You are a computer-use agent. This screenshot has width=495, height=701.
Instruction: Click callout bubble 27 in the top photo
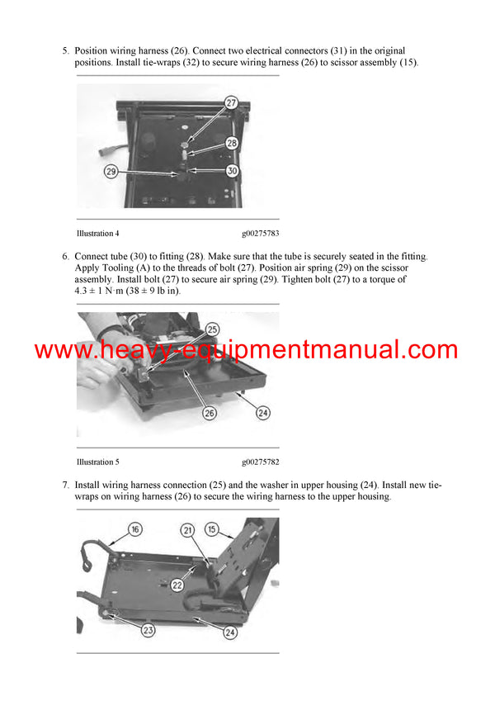(x=230, y=102)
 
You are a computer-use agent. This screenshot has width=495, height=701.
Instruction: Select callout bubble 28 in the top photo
(x=231, y=143)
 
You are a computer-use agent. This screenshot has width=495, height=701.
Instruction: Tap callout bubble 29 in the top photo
(x=111, y=171)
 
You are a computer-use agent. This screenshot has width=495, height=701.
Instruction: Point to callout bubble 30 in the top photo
(x=232, y=171)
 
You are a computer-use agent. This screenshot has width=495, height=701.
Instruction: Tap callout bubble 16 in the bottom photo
(x=134, y=528)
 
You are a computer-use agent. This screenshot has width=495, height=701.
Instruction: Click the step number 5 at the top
(x=65, y=51)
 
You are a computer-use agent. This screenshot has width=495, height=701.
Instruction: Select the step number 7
(x=65, y=485)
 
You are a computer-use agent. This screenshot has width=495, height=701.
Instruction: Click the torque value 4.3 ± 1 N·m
(x=100, y=291)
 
